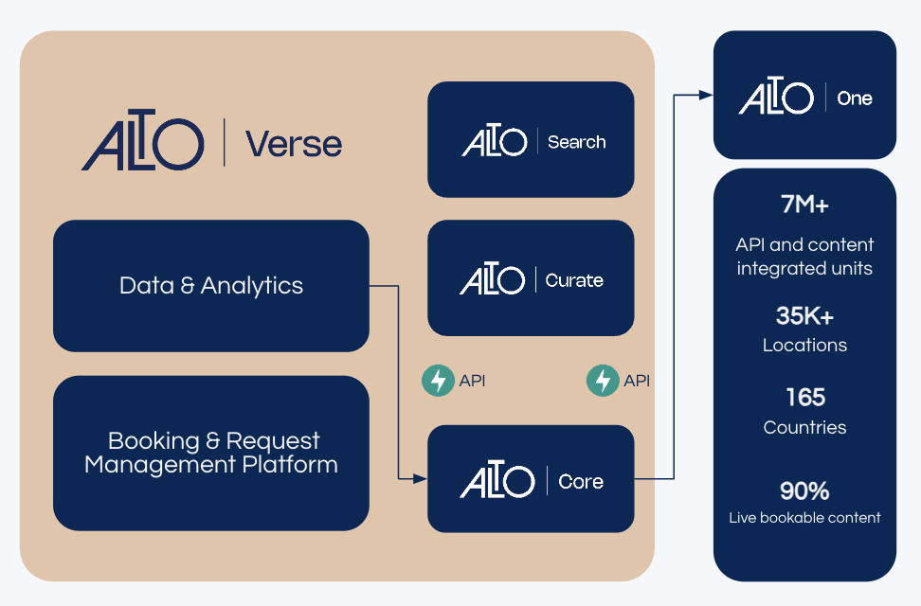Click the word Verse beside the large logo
pyautogui.click(x=294, y=145)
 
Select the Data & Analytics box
pyautogui.click(x=211, y=286)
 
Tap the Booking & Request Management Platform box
pyautogui.click(x=211, y=454)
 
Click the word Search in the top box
pyautogui.click(x=576, y=142)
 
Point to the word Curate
pyautogui.click(x=574, y=280)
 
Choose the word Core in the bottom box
pyautogui.click(x=580, y=482)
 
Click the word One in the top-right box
pyautogui.click(x=854, y=98)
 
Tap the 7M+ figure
pyautogui.click(x=804, y=205)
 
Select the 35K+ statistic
pyautogui.click(x=804, y=316)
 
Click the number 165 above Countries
pyautogui.click(x=805, y=398)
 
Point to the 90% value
pyautogui.click(x=804, y=490)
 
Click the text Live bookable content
pyautogui.click(x=804, y=517)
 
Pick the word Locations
pyautogui.click(x=804, y=346)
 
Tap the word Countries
pyautogui.click(x=804, y=427)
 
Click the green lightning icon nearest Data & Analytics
pyautogui.click(x=438, y=381)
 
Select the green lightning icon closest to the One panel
pyautogui.click(x=603, y=381)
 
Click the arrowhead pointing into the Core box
pyautogui.click(x=420, y=479)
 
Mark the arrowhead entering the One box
pyautogui.click(x=705, y=95)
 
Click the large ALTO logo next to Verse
pyautogui.click(x=143, y=140)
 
